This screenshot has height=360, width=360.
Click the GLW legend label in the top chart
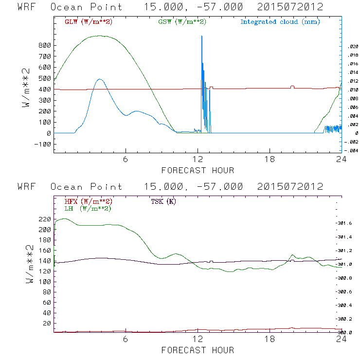[x=89, y=22]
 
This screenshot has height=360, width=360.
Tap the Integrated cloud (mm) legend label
[x=280, y=22]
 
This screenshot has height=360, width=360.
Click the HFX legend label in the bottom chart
[x=89, y=201]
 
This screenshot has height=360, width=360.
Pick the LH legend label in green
[x=88, y=208]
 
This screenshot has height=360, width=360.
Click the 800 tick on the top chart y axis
[x=45, y=45]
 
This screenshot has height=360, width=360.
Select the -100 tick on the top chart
[x=43, y=144]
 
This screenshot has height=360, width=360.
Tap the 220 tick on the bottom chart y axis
[x=45, y=219]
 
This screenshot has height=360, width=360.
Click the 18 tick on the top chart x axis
[x=270, y=160]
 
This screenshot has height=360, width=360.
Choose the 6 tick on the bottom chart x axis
[x=126, y=340]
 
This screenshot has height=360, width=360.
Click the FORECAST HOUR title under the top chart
[x=198, y=170]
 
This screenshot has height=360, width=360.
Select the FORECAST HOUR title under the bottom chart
[x=198, y=350]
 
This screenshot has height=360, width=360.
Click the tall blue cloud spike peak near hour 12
[x=201, y=36]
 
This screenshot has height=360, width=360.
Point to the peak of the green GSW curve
[x=101, y=36]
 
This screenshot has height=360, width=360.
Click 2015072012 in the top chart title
[x=290, y=7]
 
